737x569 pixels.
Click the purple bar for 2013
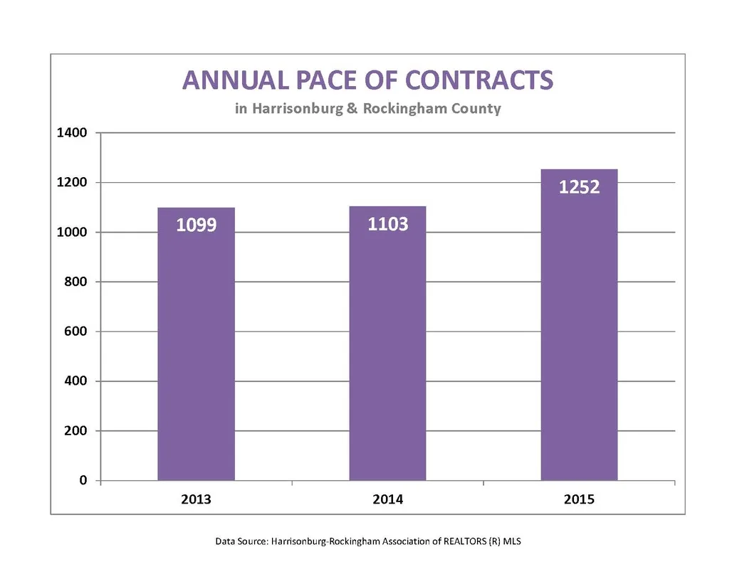click(x=196, y=344)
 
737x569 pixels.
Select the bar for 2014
click(x=388, y=344)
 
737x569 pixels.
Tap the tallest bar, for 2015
click(x=579, y=325)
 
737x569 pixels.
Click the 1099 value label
click(x=197, y=225)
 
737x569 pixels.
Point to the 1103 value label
click(x=388, y=224)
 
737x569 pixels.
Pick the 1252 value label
click(x=579, y=187)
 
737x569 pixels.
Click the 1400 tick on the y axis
click(x=72, y=133)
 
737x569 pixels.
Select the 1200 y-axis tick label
click(x=72, y=182)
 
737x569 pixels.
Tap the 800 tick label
click(x=75, y=282)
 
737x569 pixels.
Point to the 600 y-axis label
click(x=75, y=331)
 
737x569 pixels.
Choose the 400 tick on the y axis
click(x=75, y=381)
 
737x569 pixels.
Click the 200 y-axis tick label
click(x=75, y=430)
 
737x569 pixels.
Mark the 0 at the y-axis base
click(x=83, y=480)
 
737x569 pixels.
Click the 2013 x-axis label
click(x=196, y=499)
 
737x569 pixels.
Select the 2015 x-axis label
click(x=579, y=499)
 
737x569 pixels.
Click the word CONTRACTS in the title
click(x=479, y=80)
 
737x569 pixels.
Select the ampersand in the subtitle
click(x=352, y=108)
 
